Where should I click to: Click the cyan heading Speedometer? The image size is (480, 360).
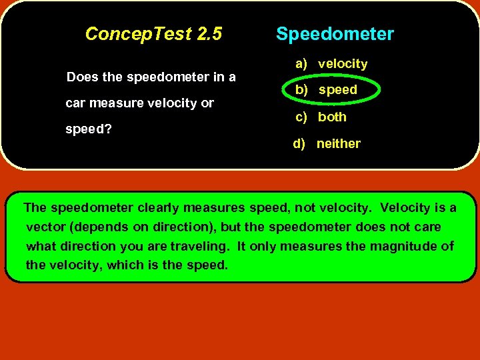coord(335,34)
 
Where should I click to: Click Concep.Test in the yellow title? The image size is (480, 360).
coord(139,33)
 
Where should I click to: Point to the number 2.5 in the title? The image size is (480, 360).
coord(209,33)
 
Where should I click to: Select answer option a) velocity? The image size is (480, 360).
coord(332,64)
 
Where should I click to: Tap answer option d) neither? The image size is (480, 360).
coord(327,143)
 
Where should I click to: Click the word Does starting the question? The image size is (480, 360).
coord(83,77)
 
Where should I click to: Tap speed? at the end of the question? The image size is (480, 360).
coord(89,129)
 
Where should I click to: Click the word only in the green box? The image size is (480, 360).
coord(263,246)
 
